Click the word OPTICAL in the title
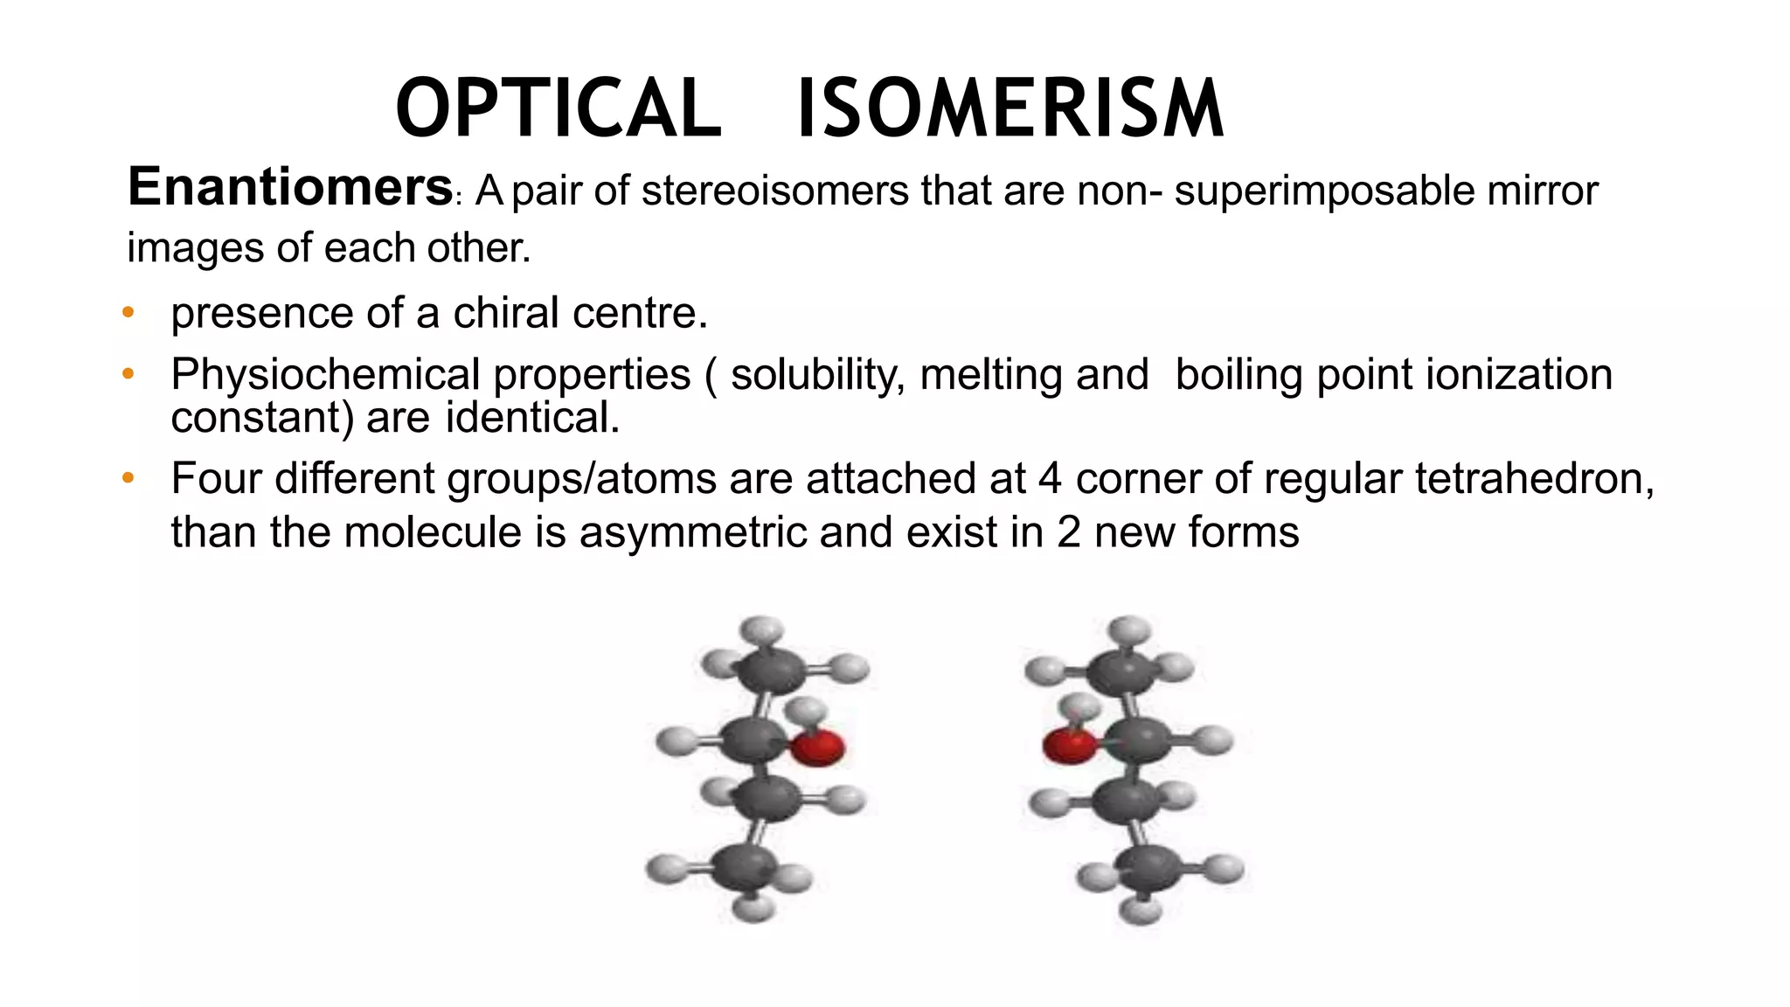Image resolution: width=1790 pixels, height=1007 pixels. (x=559, y=108)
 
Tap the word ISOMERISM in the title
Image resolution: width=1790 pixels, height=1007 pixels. (x=1010, y=108)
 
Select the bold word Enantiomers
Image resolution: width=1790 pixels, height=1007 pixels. (x=289, y=187)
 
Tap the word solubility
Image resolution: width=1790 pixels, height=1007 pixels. (x=817, y=374)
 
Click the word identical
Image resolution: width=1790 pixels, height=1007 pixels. (x=532, y=417)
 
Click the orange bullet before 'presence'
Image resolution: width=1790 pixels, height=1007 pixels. (x=128, y=312)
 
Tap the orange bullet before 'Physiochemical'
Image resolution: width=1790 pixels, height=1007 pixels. (x=128, y=374)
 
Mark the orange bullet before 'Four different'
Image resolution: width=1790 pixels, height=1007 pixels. (x=128, y=478)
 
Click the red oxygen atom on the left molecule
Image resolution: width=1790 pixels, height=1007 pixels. (x=817, y=748)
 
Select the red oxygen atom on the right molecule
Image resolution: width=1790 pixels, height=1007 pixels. (x=1070, y=746)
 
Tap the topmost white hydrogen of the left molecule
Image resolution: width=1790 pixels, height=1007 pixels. (x=761, y=629)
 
